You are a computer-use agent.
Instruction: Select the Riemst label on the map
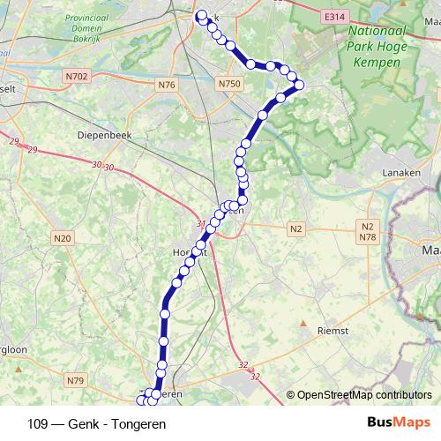(x=333, y=330)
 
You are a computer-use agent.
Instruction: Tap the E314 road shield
(x=333, y=17)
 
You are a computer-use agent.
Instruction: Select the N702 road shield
(x=77, y=77)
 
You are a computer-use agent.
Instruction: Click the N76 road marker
(x=167, y=85)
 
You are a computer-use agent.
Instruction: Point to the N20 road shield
(x=61, y=238)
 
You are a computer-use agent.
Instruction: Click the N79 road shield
(x=75, y=381)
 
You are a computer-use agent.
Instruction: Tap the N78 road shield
(x=368, y=237)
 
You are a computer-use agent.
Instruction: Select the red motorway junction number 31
(x=200, y=224)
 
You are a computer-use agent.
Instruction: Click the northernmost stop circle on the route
(x=201, y=15)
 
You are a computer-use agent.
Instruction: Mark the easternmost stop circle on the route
(x=299, y=86)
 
